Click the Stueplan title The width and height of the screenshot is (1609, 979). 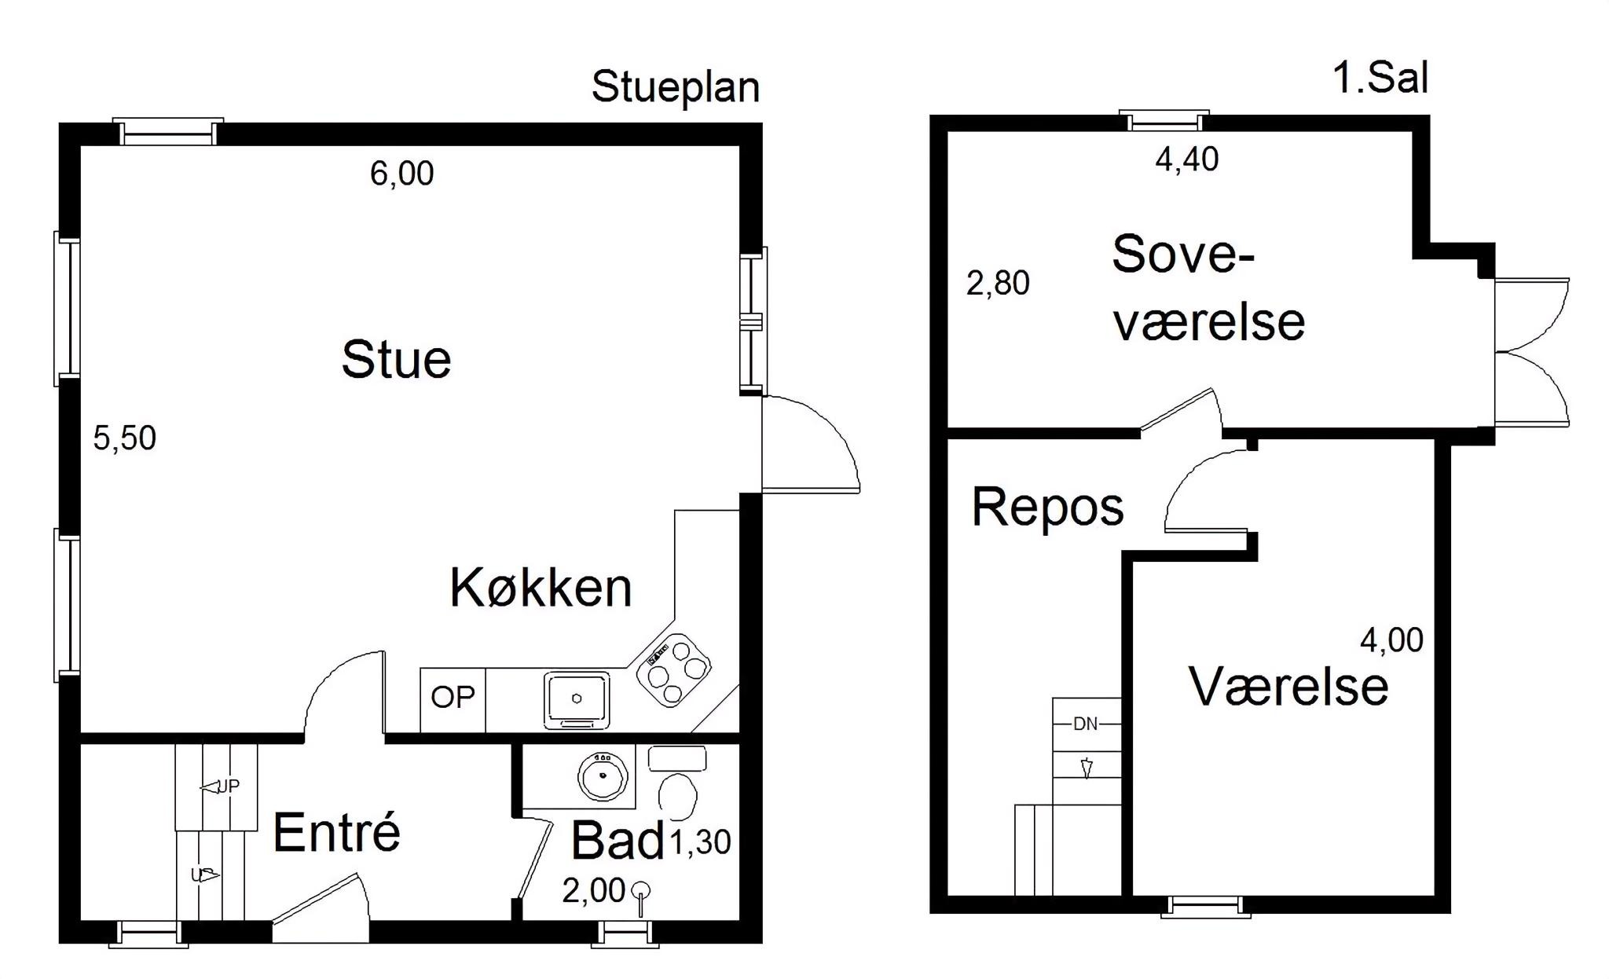click(676, 87)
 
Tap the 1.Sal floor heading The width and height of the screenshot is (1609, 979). click(1380, 79)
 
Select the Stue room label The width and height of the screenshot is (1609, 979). click(396, 360)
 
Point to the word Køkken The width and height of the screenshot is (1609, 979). click(541, 587)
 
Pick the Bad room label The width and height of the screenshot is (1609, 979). click(618, 840)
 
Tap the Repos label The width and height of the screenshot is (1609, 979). click(1048, 508)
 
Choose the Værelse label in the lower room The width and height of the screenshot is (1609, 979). click(1288, 687)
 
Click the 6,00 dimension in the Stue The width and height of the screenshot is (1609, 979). click(402, 174)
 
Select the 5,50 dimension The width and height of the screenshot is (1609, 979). click(125, 438)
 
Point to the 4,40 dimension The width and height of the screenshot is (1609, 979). click(1187, 159)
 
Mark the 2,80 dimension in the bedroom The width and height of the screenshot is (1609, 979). click(998, 283)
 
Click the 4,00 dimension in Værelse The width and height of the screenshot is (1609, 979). click(1391, 640)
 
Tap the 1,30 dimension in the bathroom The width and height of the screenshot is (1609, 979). click(700, 842)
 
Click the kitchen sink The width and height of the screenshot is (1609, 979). click(577, 699)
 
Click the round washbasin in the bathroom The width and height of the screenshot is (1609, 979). click(603, 777)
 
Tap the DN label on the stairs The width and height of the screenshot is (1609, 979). click(1086, 724)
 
